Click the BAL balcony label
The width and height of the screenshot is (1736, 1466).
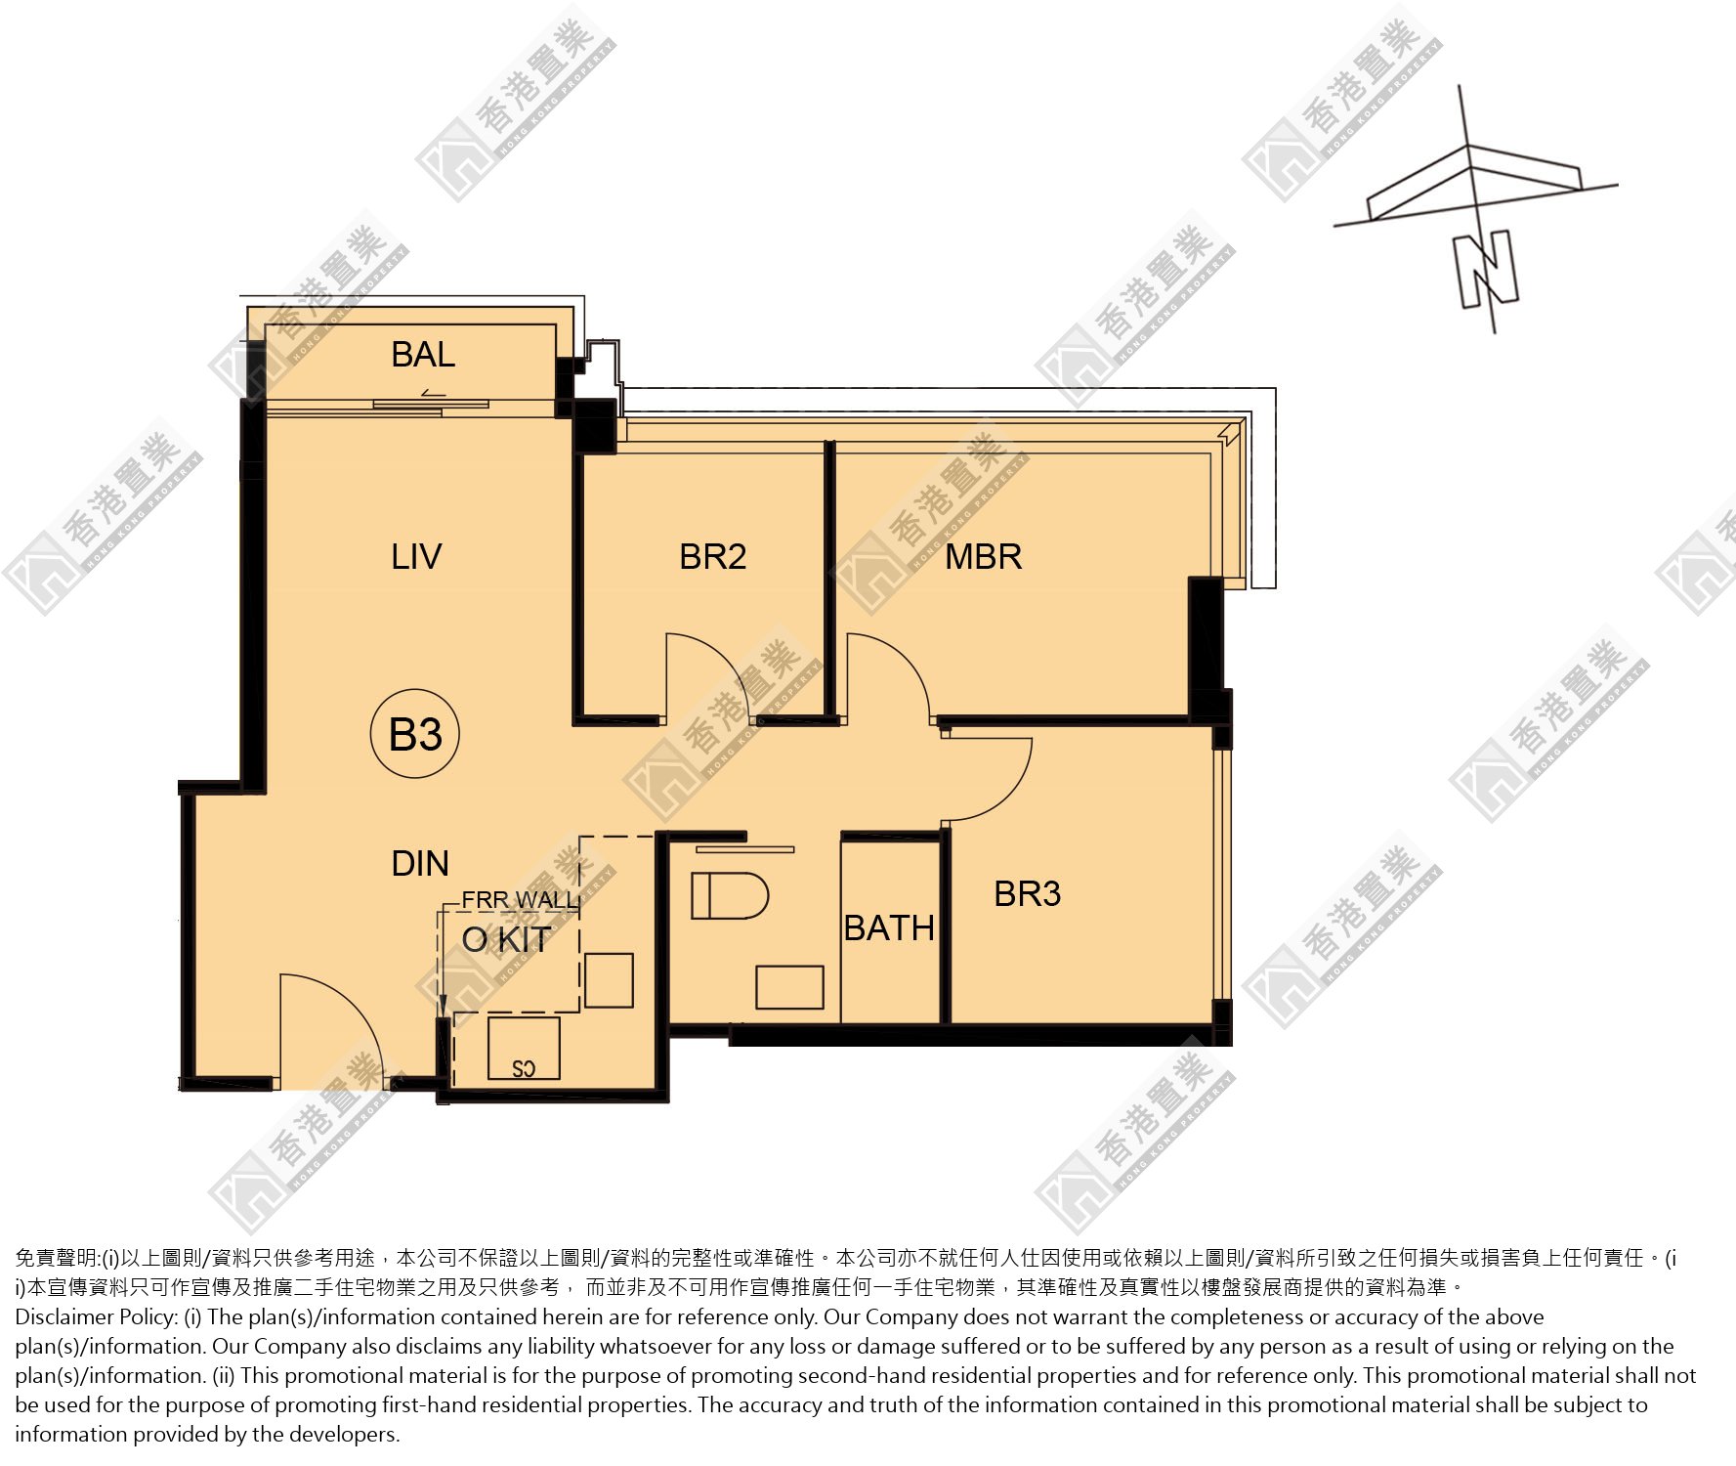point(423,354)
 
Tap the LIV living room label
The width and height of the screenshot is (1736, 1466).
point(416,557)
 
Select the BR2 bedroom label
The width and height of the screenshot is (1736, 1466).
point(713,557)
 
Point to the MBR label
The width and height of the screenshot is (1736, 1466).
point(984,557)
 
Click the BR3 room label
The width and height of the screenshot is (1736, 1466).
point(1028,893)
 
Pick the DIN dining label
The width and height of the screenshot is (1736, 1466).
point(420,864)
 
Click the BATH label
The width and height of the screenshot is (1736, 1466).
point(889,927)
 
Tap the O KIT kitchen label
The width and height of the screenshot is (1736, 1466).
point(506,939)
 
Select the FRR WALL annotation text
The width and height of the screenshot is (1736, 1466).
point(520,899)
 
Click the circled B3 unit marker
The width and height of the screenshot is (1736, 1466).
point(415,734)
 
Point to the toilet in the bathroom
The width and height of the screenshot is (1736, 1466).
point(730,896)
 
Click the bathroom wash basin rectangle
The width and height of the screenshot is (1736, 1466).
point(789,987)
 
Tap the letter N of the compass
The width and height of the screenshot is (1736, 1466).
point(1486,270)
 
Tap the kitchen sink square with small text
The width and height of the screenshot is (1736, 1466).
point(524,1048)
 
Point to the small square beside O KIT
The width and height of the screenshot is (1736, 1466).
point(610,980)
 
